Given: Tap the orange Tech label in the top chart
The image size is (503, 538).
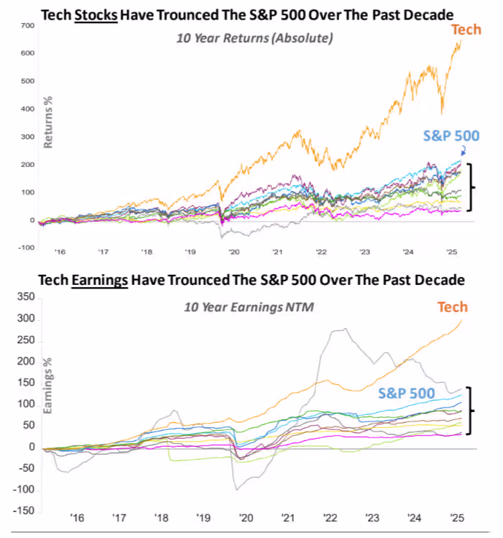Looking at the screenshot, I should coord(465,29).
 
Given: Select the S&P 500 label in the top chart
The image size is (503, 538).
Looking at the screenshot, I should coord(451,135).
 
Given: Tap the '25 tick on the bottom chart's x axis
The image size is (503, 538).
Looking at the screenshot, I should coord(456,517).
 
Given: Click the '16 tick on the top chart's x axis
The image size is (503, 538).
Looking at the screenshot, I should coord(60,252).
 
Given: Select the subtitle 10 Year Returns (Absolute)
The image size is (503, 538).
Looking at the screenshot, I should coord(254,38).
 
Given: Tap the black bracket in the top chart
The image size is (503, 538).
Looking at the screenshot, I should coord(471,187).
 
